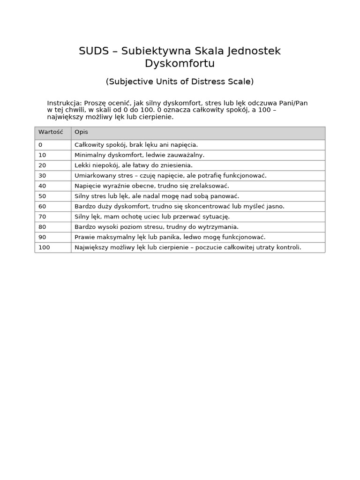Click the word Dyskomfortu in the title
tap(180, 63)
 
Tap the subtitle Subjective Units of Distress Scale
tap(180, 82)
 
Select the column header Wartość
tap(51, 133)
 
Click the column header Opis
tap(81, 133)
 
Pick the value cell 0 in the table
tap(40, 145)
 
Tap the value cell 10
tap(42, 155)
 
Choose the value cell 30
tap(42, 175)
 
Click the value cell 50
tap(42, 196)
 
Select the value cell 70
tap(42, 217)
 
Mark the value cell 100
tap(44, 247)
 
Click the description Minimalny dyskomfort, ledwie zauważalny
tap(139, 155)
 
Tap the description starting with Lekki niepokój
tap(133, 165)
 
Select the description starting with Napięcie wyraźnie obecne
tap(151, 186)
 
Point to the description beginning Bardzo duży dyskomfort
tap(179, 206)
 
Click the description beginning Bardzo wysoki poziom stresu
tap(156, 227)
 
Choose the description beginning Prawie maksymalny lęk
tap(170, 237)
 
